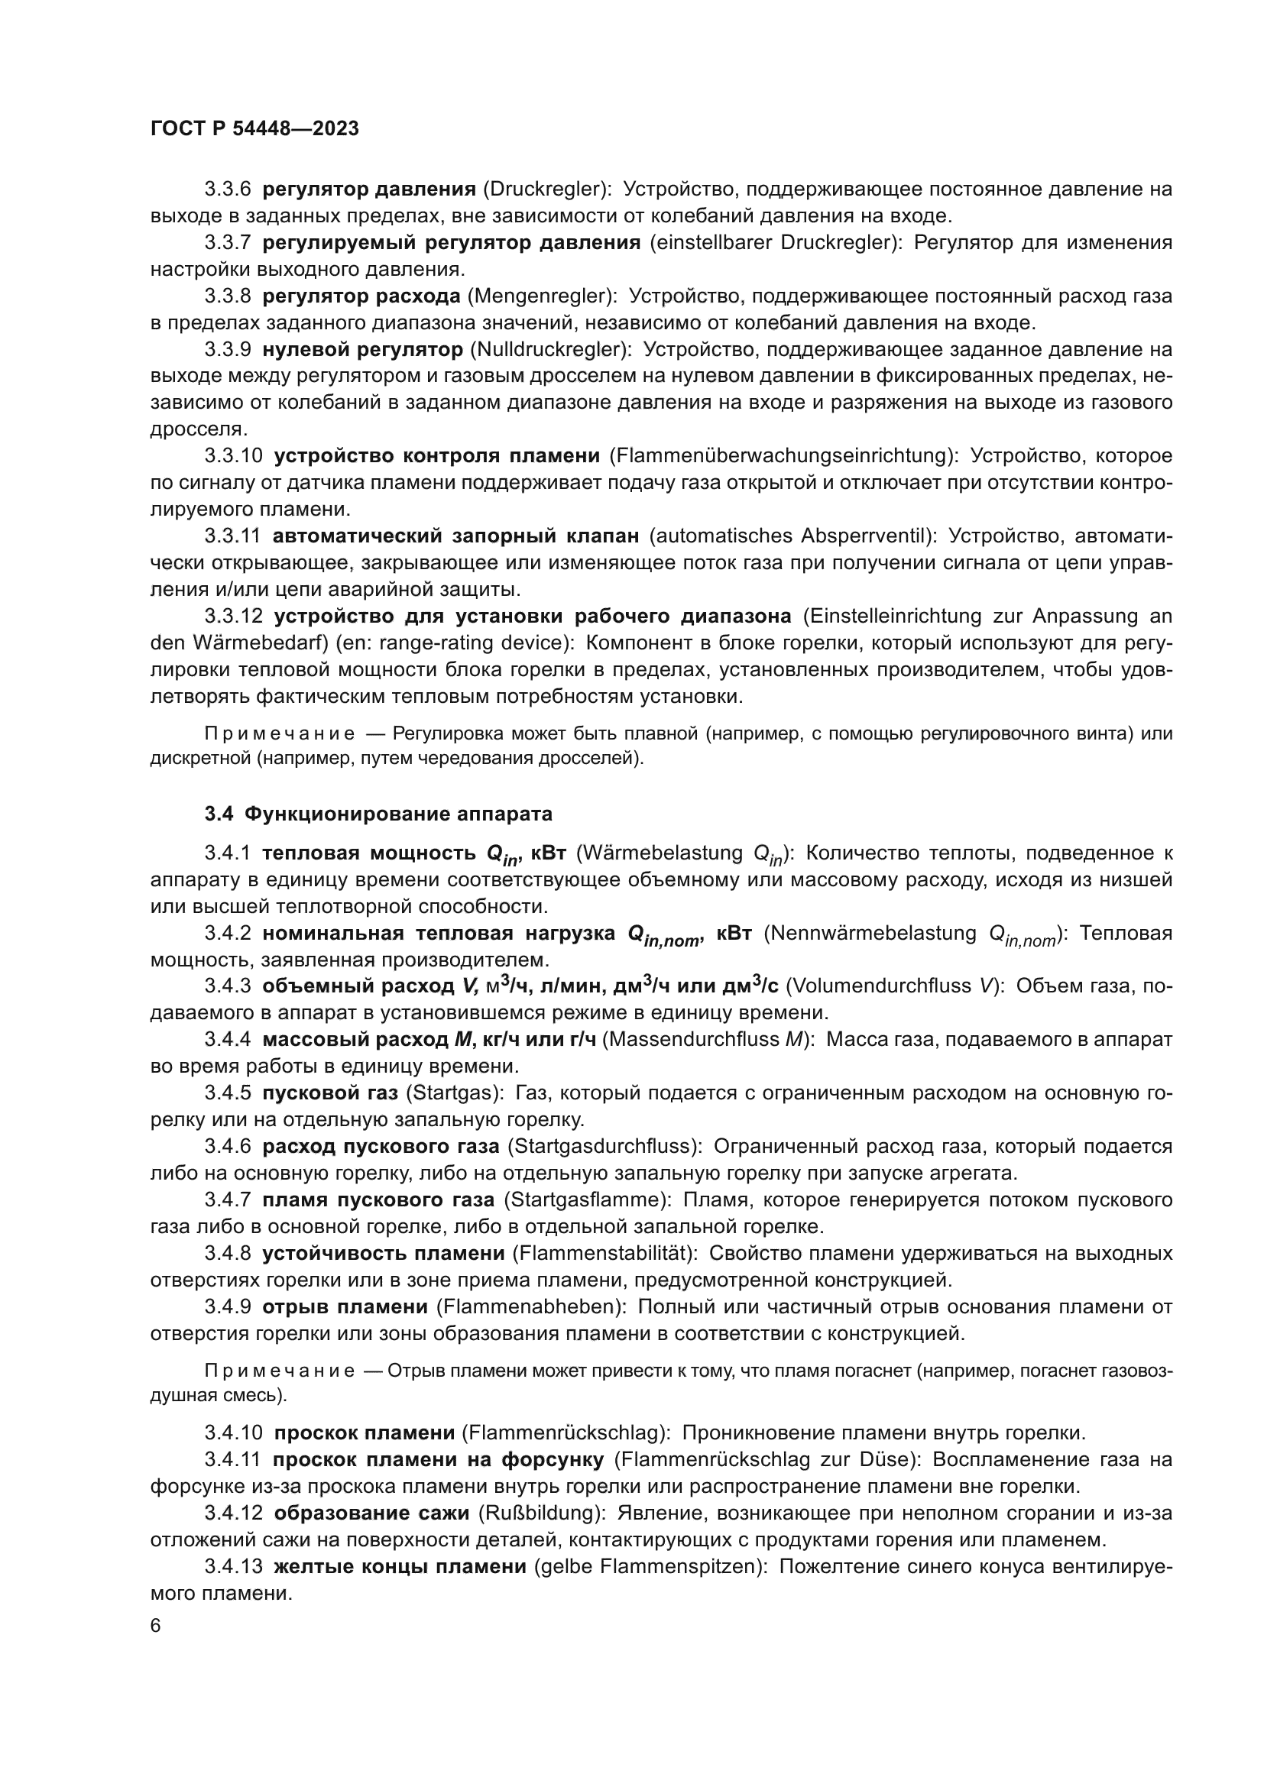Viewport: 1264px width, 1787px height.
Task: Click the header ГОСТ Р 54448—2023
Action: pos(254,129)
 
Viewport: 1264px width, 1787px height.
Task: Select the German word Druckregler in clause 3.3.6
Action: pos(544,189)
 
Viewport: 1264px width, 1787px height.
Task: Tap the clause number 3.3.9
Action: pos(227,349)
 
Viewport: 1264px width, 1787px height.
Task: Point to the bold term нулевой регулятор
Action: pos(363,349)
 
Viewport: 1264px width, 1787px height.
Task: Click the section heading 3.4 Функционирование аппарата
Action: pos(378,814)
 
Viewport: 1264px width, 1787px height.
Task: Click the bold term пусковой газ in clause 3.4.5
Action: pos(330,1093)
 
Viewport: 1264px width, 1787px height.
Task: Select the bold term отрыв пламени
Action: pos(345,1306)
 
